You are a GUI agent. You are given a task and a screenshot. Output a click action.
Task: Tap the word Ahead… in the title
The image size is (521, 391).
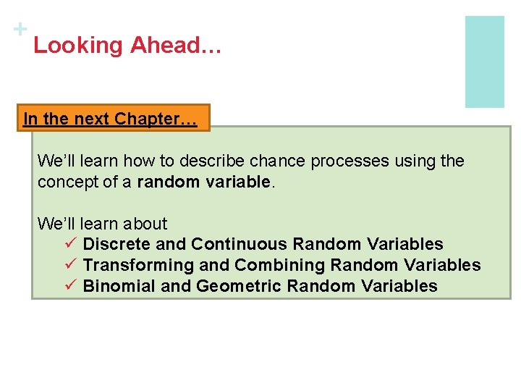(176, 46)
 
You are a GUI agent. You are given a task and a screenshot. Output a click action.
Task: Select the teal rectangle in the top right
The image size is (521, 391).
(484, 62)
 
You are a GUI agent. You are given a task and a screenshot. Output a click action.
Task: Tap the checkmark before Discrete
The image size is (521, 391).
(70, 244)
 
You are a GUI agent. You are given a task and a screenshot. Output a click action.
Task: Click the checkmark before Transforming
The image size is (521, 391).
(70, 265)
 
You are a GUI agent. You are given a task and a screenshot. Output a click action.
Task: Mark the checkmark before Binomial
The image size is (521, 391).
(70, 286)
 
